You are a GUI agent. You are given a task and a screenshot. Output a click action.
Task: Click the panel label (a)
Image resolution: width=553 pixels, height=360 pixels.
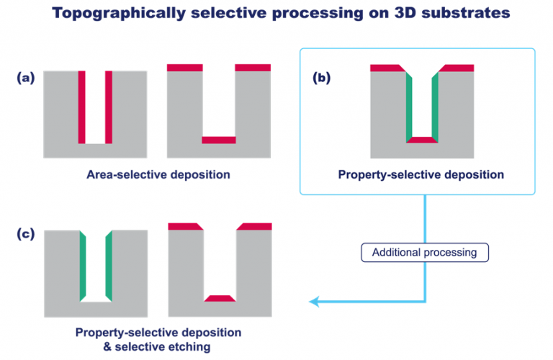coord(26,78)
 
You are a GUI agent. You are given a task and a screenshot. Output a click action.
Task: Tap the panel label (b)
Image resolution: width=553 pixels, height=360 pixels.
coord(322,78)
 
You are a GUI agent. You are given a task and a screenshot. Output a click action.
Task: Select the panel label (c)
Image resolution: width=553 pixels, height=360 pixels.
coord(26,234)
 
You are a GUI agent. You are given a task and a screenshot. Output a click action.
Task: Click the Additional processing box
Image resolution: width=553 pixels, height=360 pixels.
coord(425,253)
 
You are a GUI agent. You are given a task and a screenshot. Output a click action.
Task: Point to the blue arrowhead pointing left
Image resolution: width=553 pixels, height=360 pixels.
coord(314,302)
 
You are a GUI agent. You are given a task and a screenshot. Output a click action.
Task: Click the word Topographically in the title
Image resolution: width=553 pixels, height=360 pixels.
coord(119,14)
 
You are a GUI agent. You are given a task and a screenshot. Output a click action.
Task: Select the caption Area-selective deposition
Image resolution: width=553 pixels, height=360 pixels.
coord(158,174)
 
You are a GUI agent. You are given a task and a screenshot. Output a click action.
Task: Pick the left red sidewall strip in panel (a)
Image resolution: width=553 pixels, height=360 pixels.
coord(82,107)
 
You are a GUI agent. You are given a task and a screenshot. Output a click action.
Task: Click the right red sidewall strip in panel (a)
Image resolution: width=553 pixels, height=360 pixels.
coord(109,107)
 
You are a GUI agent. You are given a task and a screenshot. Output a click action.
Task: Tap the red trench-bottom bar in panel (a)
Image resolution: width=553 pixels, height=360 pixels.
coord(219,140)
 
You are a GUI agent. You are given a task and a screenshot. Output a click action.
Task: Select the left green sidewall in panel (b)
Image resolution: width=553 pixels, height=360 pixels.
coord(409,107)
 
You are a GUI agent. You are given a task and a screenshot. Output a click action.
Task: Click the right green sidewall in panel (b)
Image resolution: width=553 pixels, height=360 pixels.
coord(435,107)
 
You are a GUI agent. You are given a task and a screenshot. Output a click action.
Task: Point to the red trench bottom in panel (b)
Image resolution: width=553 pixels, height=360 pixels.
coord(422,140)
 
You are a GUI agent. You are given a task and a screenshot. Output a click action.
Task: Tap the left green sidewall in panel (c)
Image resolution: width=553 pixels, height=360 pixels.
coord(83,266)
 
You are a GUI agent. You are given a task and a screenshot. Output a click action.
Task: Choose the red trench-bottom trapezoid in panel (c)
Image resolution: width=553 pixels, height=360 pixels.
coord(220,298)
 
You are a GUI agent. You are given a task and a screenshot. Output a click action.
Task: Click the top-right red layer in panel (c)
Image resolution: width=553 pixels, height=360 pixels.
coord(254,227)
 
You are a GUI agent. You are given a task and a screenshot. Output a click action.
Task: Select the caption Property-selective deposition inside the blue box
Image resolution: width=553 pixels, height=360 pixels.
coord(421,174)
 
